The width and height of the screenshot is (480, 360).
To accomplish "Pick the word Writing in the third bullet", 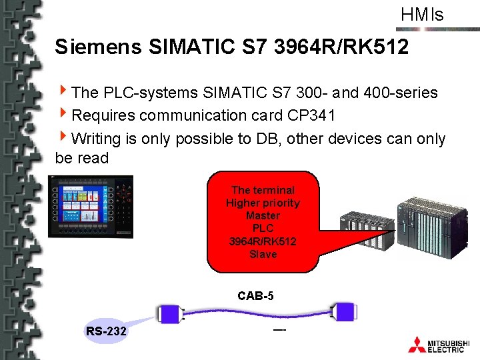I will [99, 138].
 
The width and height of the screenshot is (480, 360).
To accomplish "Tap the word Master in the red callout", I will [263, 215].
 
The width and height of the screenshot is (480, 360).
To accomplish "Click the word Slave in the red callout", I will [263, 254].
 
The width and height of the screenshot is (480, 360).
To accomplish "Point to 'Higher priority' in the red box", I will [263, 203].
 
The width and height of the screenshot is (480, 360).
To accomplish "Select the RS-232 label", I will [106, 331].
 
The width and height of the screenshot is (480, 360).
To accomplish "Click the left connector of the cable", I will [168, 314].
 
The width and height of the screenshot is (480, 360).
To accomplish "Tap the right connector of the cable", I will [345, 311].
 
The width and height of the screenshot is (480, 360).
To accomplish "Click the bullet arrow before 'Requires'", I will [63, 115].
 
